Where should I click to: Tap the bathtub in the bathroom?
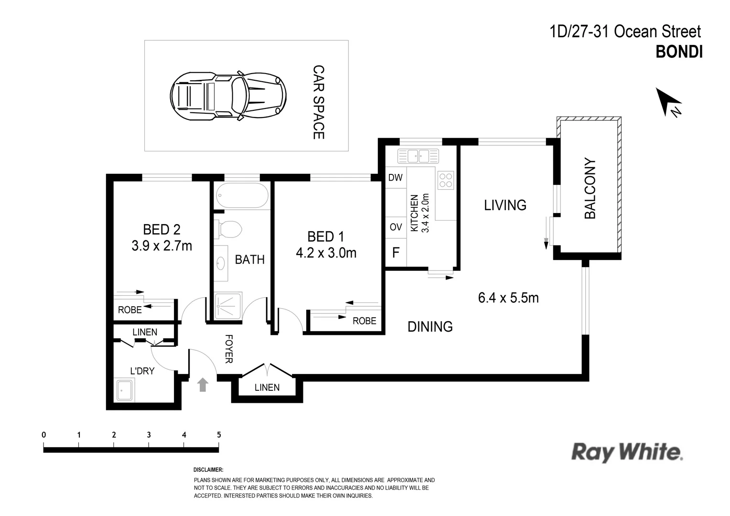(241, 195)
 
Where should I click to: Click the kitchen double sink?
(418, 155)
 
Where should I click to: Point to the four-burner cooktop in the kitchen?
(446, 180)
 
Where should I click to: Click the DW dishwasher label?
(396, 178)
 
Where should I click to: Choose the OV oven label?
(396, 227)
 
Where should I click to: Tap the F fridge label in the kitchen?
(396, 253)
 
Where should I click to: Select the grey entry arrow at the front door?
(203, 385)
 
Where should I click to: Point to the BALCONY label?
(590, 189)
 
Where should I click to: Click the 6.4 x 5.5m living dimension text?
(508, 298)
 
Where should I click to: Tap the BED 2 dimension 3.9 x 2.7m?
(161, 246)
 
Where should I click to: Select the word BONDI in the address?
(679, 52)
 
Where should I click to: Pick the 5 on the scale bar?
(219, 435)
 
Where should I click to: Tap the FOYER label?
(229, 349)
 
